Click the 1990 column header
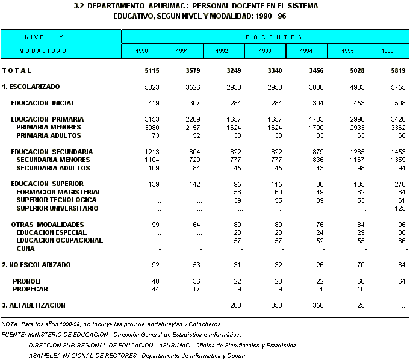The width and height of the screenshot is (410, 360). (x=142, y=51)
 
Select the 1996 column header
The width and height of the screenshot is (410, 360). (x=388, y=51)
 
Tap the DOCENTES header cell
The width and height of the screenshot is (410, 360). (x=266, y=37)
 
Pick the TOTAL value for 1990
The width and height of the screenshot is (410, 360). (x=152, y=71)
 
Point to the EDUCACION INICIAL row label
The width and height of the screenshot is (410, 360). (x=43, y=103)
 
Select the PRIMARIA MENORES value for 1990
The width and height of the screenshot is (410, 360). (x=152, y=128)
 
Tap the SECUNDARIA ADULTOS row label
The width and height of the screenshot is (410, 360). (x=53, y=168)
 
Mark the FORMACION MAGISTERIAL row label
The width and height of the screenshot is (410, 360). (x=58, y=192)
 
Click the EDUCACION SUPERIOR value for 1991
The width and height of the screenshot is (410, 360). (x=194, y=184)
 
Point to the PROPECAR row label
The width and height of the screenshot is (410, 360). (x=31, y=289)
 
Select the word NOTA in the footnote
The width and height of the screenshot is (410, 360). (x=10, y=324)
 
